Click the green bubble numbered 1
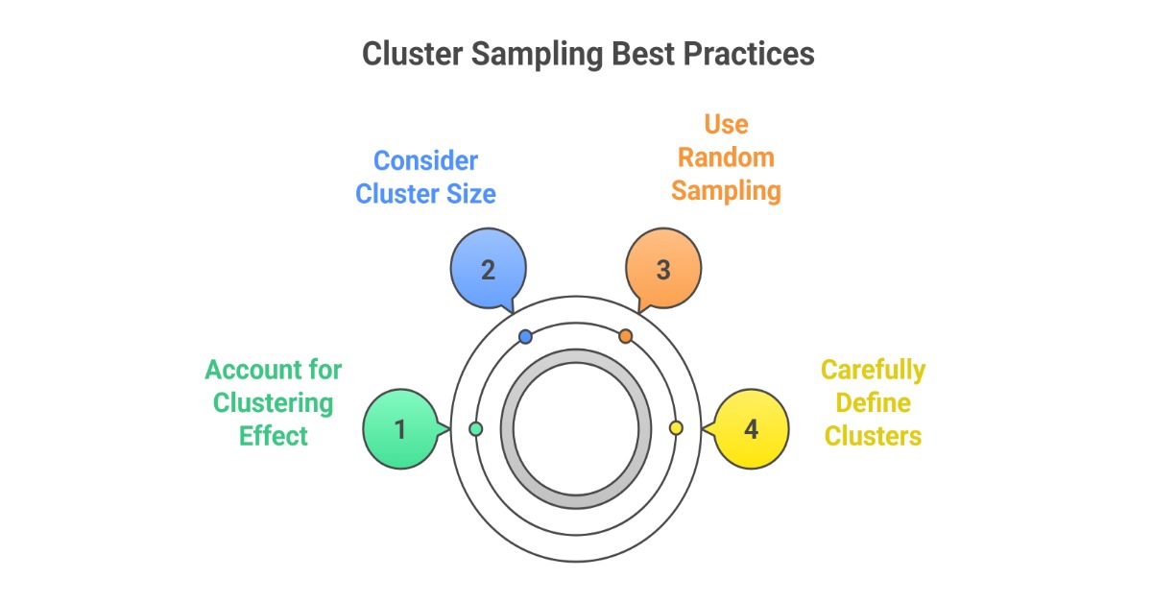pos(400,428)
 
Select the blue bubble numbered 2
pos(488,270)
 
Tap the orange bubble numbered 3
pos(663,270)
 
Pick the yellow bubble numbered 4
pos(752,428)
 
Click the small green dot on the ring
pos(476,428)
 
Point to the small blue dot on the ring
pos(525,337)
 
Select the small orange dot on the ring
pos(626,336)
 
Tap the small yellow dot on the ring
pos(676,428)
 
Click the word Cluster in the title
pos(414,54)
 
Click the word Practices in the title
pos(749,54)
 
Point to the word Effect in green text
pos(274,436)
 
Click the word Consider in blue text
pos(425,160)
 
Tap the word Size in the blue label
pos(469,194)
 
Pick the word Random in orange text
pos(726,157)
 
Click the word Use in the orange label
pos(726,124)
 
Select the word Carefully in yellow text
pos(873,371)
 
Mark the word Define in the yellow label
pos(873,403)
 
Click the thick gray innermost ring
pos(508,428)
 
